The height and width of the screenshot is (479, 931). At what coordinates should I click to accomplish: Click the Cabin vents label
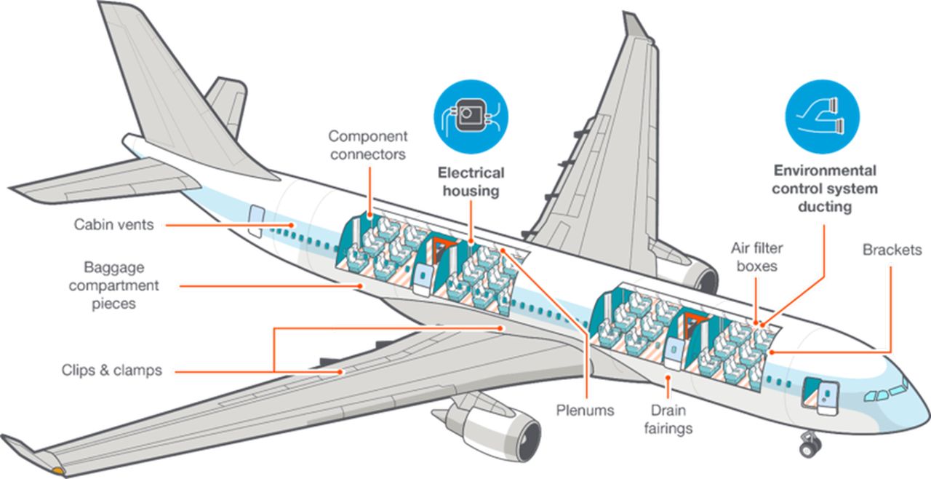[x=113, y=225]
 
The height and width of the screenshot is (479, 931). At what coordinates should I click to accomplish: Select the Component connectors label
[x=367, y=145]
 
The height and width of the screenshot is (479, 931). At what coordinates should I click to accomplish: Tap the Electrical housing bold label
[x=470, y=182]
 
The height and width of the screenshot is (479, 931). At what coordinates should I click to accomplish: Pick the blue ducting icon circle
[x=823, y=116]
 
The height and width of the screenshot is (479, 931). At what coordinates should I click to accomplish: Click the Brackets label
[x=892, y=250]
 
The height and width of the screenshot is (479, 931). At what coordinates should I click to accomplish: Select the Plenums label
[x=585, y=411]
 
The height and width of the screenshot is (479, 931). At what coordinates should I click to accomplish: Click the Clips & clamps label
[x=111, y=371]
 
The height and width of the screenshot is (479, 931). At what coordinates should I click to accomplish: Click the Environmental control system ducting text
[x=824, y=189]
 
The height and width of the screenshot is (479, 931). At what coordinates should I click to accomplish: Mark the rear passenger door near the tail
[x=256, y=221]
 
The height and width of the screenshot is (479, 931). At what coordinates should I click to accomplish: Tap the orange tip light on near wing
[x=56, y=471]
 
